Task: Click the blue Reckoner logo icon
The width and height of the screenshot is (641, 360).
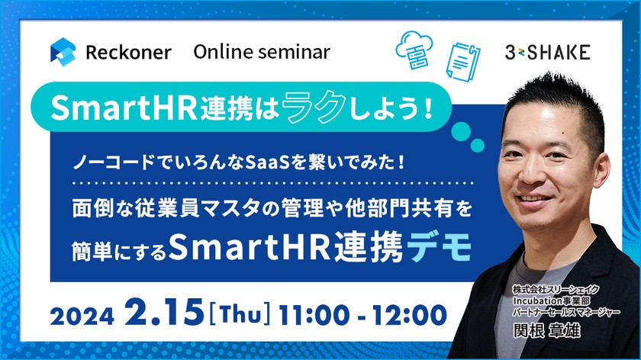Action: click(63, 53)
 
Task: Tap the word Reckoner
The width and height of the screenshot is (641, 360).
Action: click(127, 53)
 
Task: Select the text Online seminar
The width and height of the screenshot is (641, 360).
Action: click(262, 52)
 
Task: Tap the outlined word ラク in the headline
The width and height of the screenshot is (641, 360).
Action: click(326, 108)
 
